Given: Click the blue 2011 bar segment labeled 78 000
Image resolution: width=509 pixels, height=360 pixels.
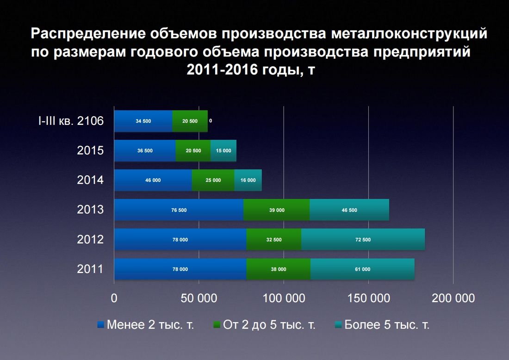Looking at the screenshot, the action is pos(180,269).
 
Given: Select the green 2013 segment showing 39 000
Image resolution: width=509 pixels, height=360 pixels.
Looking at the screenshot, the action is pos(277,210).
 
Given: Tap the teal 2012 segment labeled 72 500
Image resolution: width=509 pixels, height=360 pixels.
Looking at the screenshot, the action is pos(363,240).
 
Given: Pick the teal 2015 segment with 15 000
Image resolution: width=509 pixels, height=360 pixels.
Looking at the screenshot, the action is pos(223,151).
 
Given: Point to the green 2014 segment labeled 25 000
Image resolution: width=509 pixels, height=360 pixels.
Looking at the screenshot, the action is pos(213,180).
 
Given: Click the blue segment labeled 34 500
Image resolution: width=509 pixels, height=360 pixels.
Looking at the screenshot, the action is pos(143,121).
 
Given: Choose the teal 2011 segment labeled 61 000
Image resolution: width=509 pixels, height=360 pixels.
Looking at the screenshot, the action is pos(362,269).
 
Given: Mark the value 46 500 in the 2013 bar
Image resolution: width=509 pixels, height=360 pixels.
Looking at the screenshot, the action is pos(349,210).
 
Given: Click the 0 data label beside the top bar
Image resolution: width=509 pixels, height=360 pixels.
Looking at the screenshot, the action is pos(211,121).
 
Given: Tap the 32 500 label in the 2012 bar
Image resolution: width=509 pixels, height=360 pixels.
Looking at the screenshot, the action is pos(274,240).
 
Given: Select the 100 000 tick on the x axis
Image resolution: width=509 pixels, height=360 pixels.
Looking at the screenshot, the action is pos(284,298).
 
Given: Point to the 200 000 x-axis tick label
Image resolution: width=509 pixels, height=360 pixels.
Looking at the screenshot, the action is pos(453,298).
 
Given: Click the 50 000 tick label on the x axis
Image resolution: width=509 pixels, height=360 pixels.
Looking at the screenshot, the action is pos(199,298).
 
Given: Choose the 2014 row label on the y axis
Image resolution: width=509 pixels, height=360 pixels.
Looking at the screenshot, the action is pos(90,180).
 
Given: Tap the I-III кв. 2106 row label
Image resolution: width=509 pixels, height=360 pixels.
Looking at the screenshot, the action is pos(71,121).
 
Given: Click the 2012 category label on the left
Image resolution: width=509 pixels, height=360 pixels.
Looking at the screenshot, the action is pos(90,239).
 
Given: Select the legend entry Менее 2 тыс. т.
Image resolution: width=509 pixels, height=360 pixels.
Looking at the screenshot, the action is pos(146,325).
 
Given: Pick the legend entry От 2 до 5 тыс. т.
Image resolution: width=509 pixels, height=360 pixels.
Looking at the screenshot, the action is pos(264,325).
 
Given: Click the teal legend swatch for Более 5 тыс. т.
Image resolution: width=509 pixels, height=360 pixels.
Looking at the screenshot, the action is pos(339,325).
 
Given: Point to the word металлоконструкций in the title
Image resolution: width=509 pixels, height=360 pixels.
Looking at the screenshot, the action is pos(409,34).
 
